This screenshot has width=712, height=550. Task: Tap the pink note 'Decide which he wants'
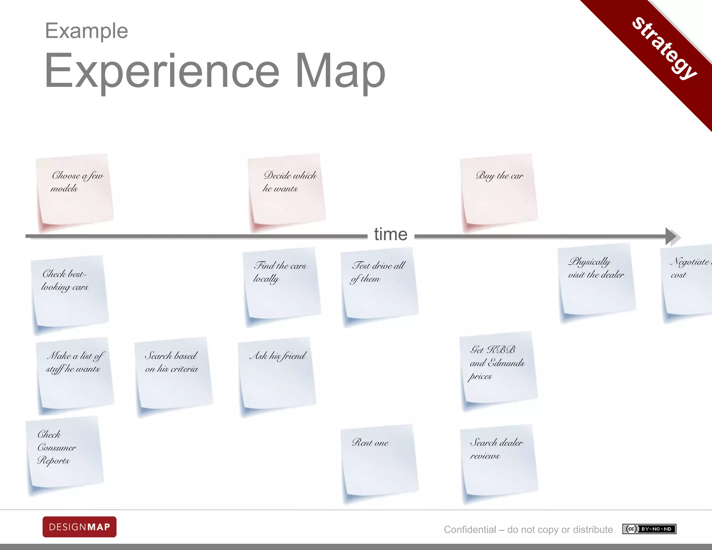pyautogui.click(x=287, y=189)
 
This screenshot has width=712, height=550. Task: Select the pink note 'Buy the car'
pyautogui.click(x=499, y=189)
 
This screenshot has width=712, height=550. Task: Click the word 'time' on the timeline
pyautogui.click(x=391, y=234)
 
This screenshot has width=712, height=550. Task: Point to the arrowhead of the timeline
pyautogui.click(x=672, y=237)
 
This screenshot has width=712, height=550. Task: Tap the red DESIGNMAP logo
pyautogui.click(x=80, y=527)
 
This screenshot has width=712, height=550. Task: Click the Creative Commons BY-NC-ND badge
pyautogui.click(x=649, y=529)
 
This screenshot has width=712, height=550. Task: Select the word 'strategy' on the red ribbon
pyautogui.click(x=664, y=48)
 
